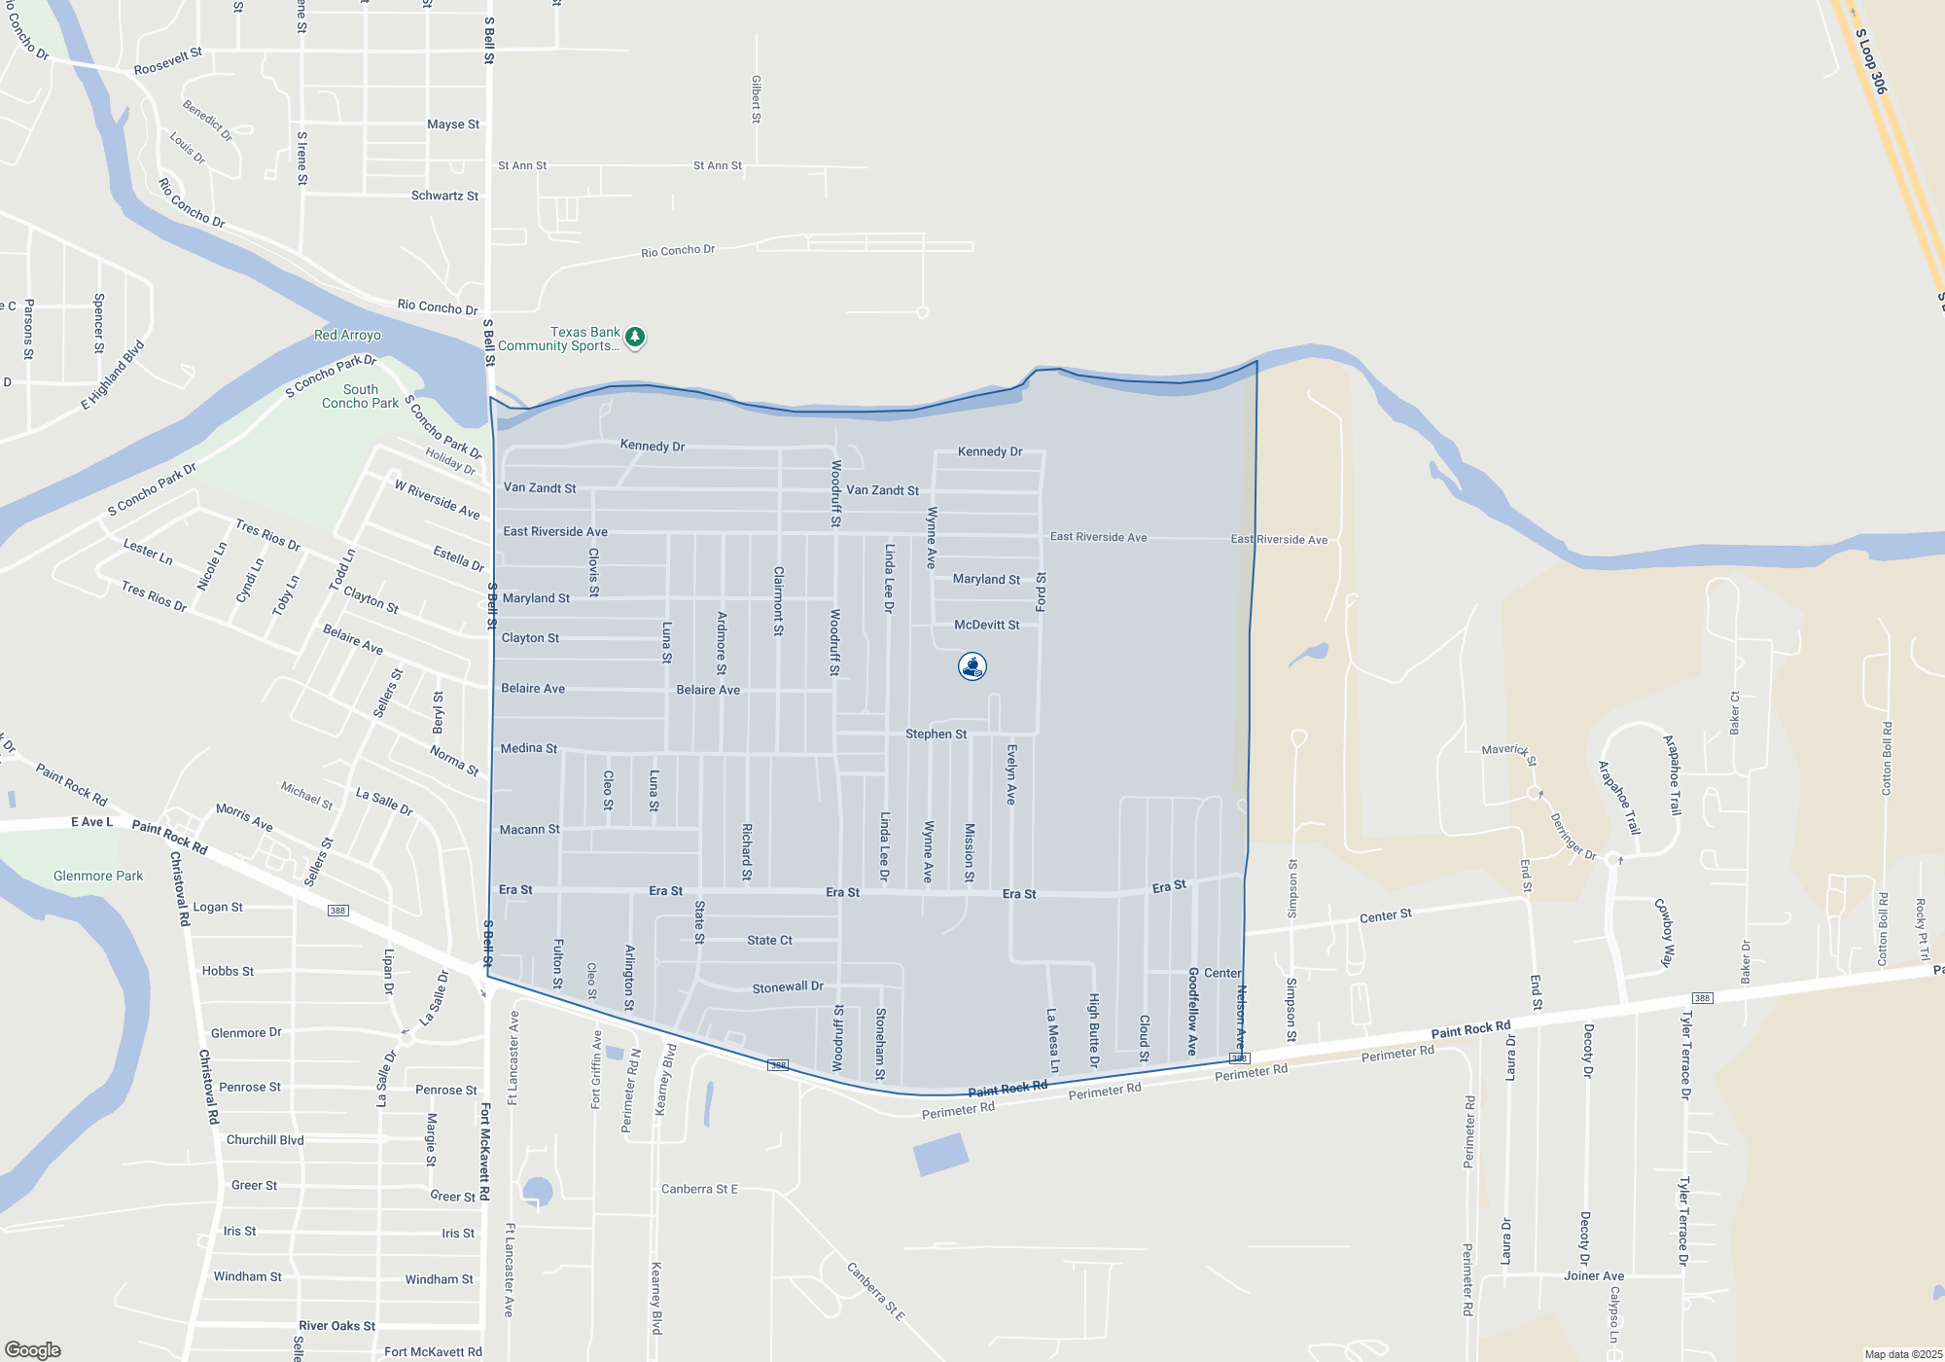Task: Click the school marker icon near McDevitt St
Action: pyautogui.click(x=972, y=666)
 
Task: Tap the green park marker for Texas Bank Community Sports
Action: pyautogui.click(x=635, y=338)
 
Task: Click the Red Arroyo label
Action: pyautogui.click(x=347, y=336)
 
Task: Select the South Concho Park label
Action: pyautogui.click(x=360, y=396)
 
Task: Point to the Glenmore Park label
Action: pyautogui.click(x=98, y=876)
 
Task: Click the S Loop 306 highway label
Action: pyautogui.click(x=1871, y=61)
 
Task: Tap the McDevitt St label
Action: pyautogui.click(x=986, y=625)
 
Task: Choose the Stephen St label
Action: pyautogui.click(x=936, y=734)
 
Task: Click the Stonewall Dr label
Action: pyautogui.click(x=788, y=987)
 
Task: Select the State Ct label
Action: pyautogui.click(x=769, y=940)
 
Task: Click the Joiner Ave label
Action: pyautogui.click(x=1594, y=1275)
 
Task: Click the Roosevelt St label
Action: pyautogui.click(x=168, y=61)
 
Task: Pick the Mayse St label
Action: pyautogui.click(x=453, y=125)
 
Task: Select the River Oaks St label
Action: pyautogui.click(x=336, y=1325)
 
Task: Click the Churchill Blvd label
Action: pyautogui.click(x=265, y=1139)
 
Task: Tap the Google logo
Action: pyautogui.click(x=33, y=1350)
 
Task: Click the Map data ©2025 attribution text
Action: pyautogui.click(x=1903, y=1354)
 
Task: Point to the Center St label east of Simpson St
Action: pyautogui.click(x=1385, y=916)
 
